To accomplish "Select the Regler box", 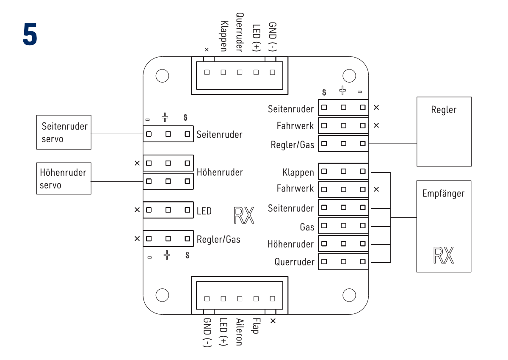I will click(x=444, y=131).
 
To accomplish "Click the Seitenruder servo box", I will click(x=63, y=132).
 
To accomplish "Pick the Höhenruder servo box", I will click(x=63, y=178).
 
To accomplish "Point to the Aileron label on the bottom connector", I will click(x=239, y=332).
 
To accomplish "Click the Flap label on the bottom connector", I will click(x=255, y=326).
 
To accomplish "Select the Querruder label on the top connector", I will click(x=239, y=32).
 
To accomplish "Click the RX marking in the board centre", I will click(x=244, y=215).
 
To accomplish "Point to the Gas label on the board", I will click(x=307, y=227).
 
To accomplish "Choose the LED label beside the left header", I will click(x=204, y=210).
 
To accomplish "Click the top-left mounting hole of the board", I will click(x=162, y=76).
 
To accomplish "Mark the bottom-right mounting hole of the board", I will click(x=349, y=295).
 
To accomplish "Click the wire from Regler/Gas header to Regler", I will click(x=392, y=143).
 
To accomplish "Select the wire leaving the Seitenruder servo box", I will click(x=116, y=134).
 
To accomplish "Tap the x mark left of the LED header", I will click(x=137, y=210).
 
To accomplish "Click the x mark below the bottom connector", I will click(x=273, y=321).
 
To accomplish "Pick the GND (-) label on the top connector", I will click(x=272, y=37).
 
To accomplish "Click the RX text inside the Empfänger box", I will click(x=444, y=255).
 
